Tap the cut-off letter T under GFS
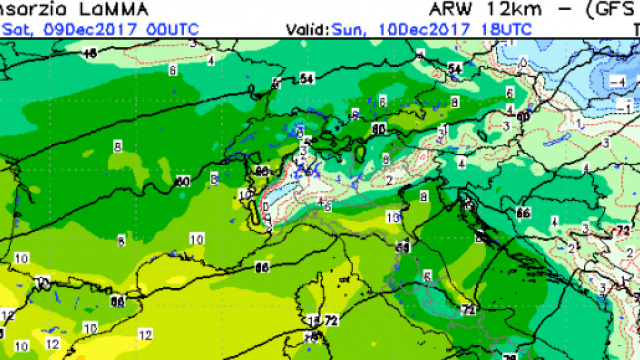pos(632,29)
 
